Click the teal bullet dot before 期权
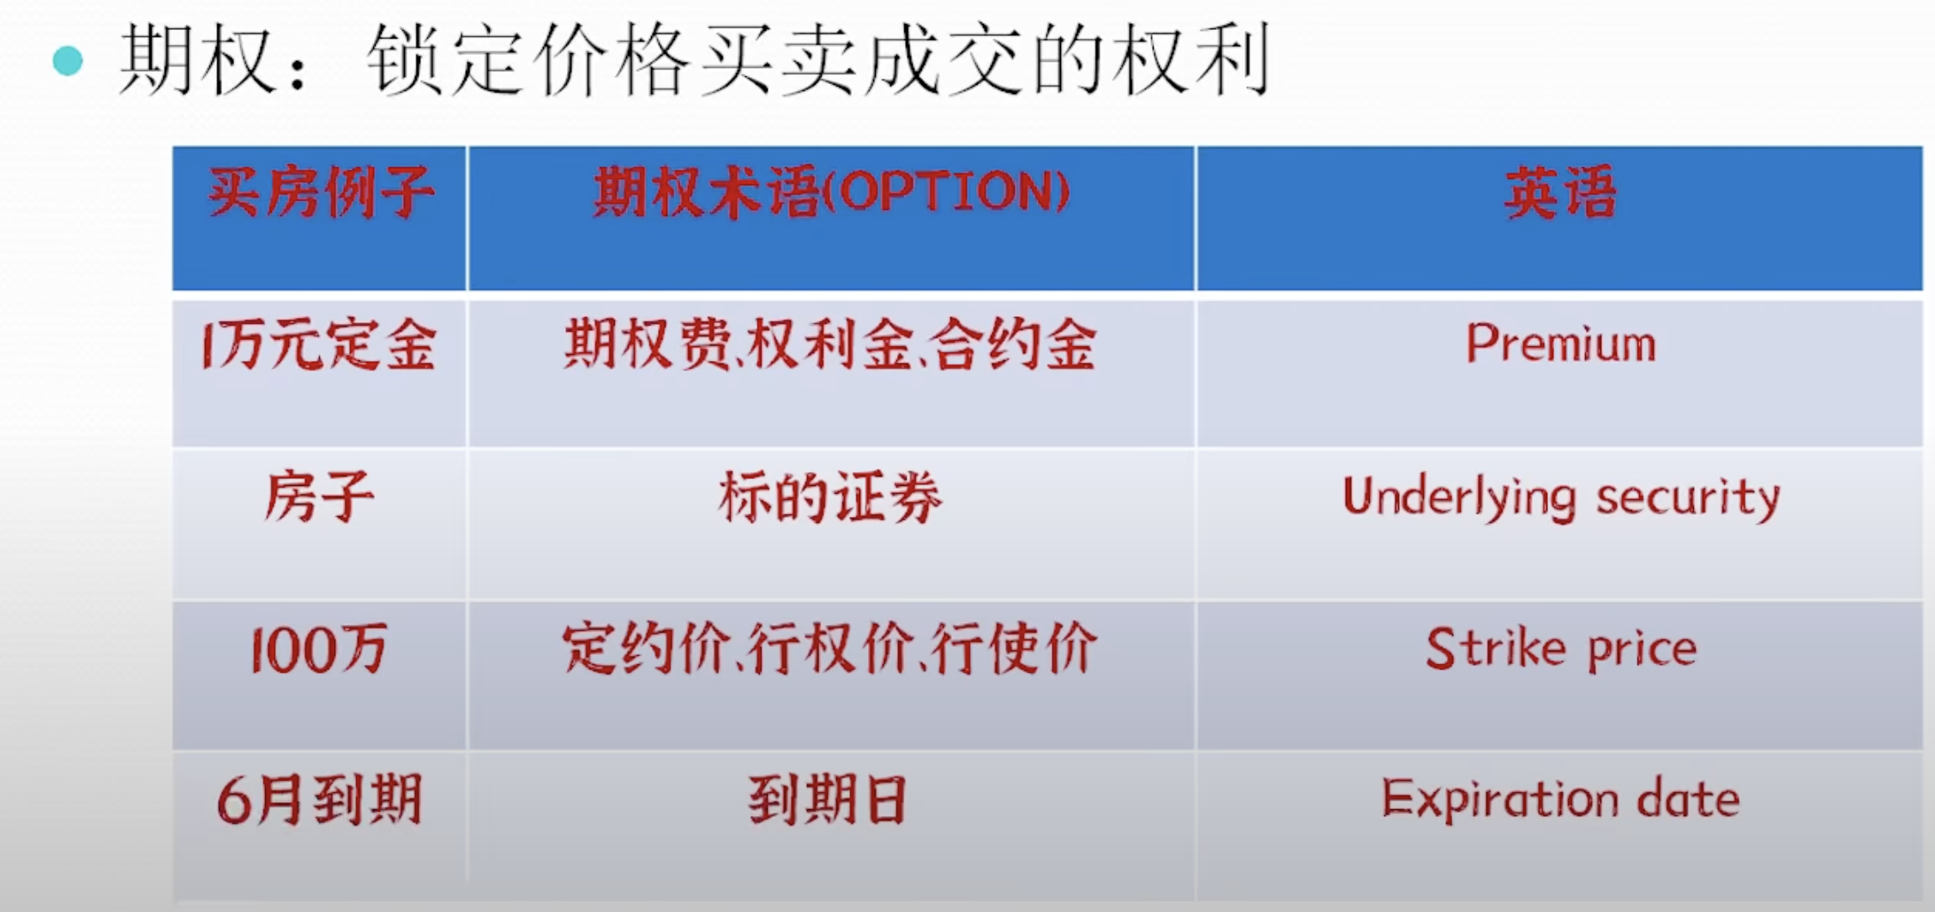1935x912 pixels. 68,62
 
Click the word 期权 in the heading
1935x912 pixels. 196,60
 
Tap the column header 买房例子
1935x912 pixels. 320,192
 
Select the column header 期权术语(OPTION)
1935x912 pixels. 831,192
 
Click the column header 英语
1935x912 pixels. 1560,193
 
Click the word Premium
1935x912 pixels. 1561,344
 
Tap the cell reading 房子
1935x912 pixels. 319,497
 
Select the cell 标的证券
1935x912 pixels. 830,497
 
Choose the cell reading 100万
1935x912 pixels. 319,649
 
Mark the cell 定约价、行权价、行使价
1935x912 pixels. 830,648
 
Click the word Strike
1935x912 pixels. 1496,647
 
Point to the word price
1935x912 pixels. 1643,650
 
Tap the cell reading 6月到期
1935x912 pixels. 319,800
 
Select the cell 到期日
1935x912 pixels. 829,800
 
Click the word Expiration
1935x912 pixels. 1500,800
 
